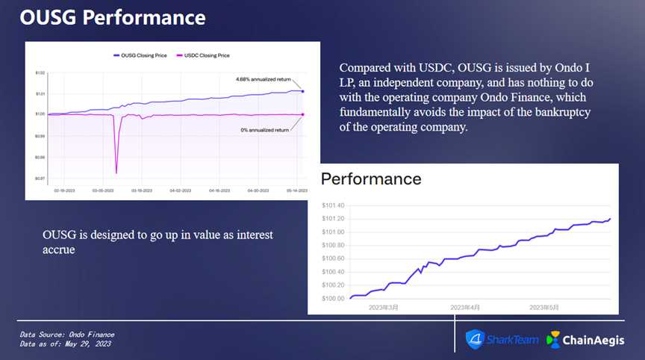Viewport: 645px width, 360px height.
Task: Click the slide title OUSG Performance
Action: (112, 18)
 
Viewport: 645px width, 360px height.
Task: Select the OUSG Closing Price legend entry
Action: (141, 55)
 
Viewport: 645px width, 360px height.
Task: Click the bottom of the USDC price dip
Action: (116, 173)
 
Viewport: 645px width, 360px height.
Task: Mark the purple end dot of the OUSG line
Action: (303, 91)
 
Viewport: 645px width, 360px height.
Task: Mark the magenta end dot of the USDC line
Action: (303, 114)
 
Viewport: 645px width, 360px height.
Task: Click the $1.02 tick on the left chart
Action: (40, 72)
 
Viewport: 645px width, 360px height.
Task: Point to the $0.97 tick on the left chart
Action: (40, 178)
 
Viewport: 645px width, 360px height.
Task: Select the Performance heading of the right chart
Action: (371, 179)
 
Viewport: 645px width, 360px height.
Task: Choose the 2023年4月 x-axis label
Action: (465, 307)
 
